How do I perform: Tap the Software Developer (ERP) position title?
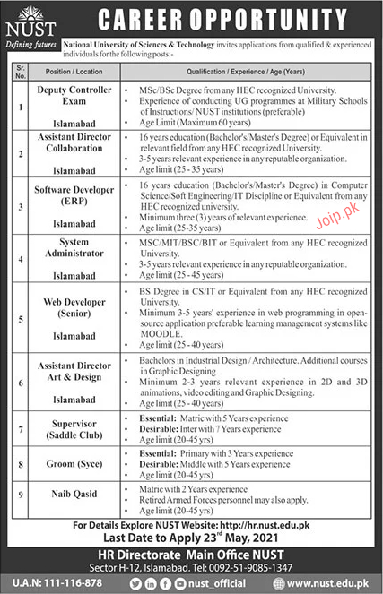82,194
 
